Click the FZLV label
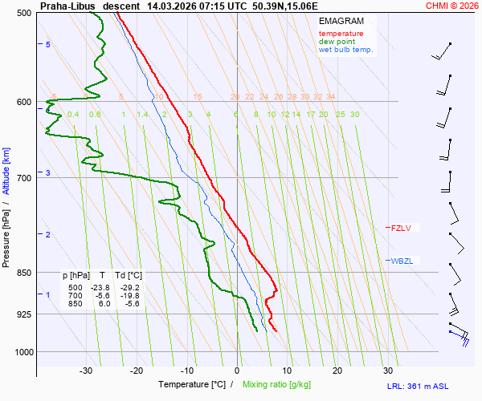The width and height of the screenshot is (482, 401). pyautogui.click(x=400, y=229)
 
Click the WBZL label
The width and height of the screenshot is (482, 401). pyautogui.click(x=401, y=261)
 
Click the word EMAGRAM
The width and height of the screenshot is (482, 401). pyautogui.click(x=341, y=21)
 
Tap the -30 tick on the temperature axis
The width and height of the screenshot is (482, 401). pyautogui.click(x=86, y=371)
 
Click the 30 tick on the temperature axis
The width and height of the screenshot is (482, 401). pyautogui.click(x=388, y=371)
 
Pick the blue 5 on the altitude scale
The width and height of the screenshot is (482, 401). pyautogui.click(x=48, y=44)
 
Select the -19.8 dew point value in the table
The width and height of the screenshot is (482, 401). pyautogui.click(x=129, y=295)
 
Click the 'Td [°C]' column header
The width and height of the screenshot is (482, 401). pyautogui.click(x=129, y=275)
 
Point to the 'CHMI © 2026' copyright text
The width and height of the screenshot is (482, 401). pyautogui.click(x=451, y=5)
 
